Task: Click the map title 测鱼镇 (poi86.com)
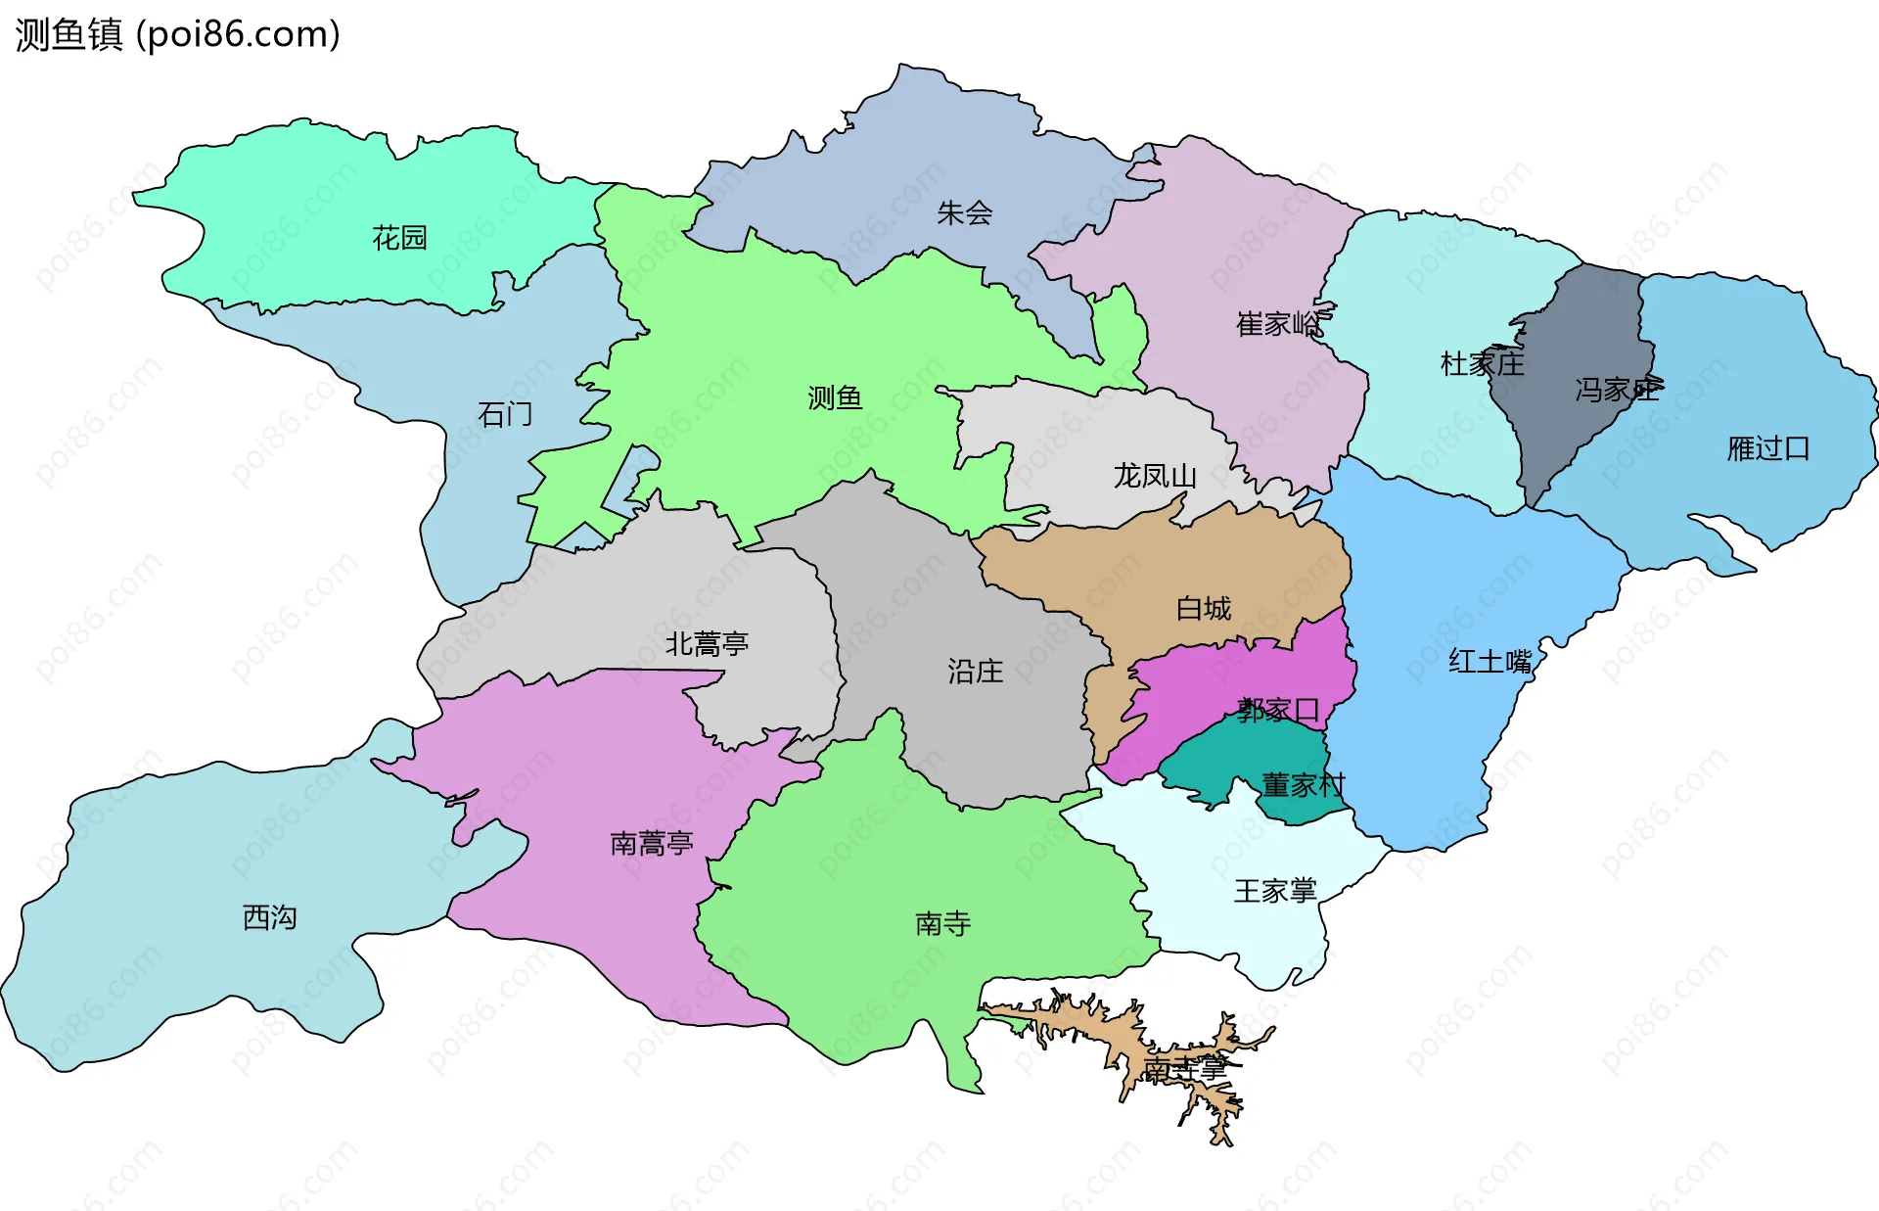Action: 177,34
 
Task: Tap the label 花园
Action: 399,238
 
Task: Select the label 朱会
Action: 964,212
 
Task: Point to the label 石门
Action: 505,414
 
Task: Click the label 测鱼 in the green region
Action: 835,397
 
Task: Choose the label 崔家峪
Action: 1278,324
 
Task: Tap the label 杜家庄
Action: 1482,364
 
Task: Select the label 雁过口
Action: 1767,448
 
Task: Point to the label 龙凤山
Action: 1155,476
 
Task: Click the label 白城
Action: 1204,608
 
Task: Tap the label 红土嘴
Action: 1489,662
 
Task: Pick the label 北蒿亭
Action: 707,643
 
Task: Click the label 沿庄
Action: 975,671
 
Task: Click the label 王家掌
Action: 1275,891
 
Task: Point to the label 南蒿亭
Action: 652,843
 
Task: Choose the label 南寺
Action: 942,923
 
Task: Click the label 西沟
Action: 269,917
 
